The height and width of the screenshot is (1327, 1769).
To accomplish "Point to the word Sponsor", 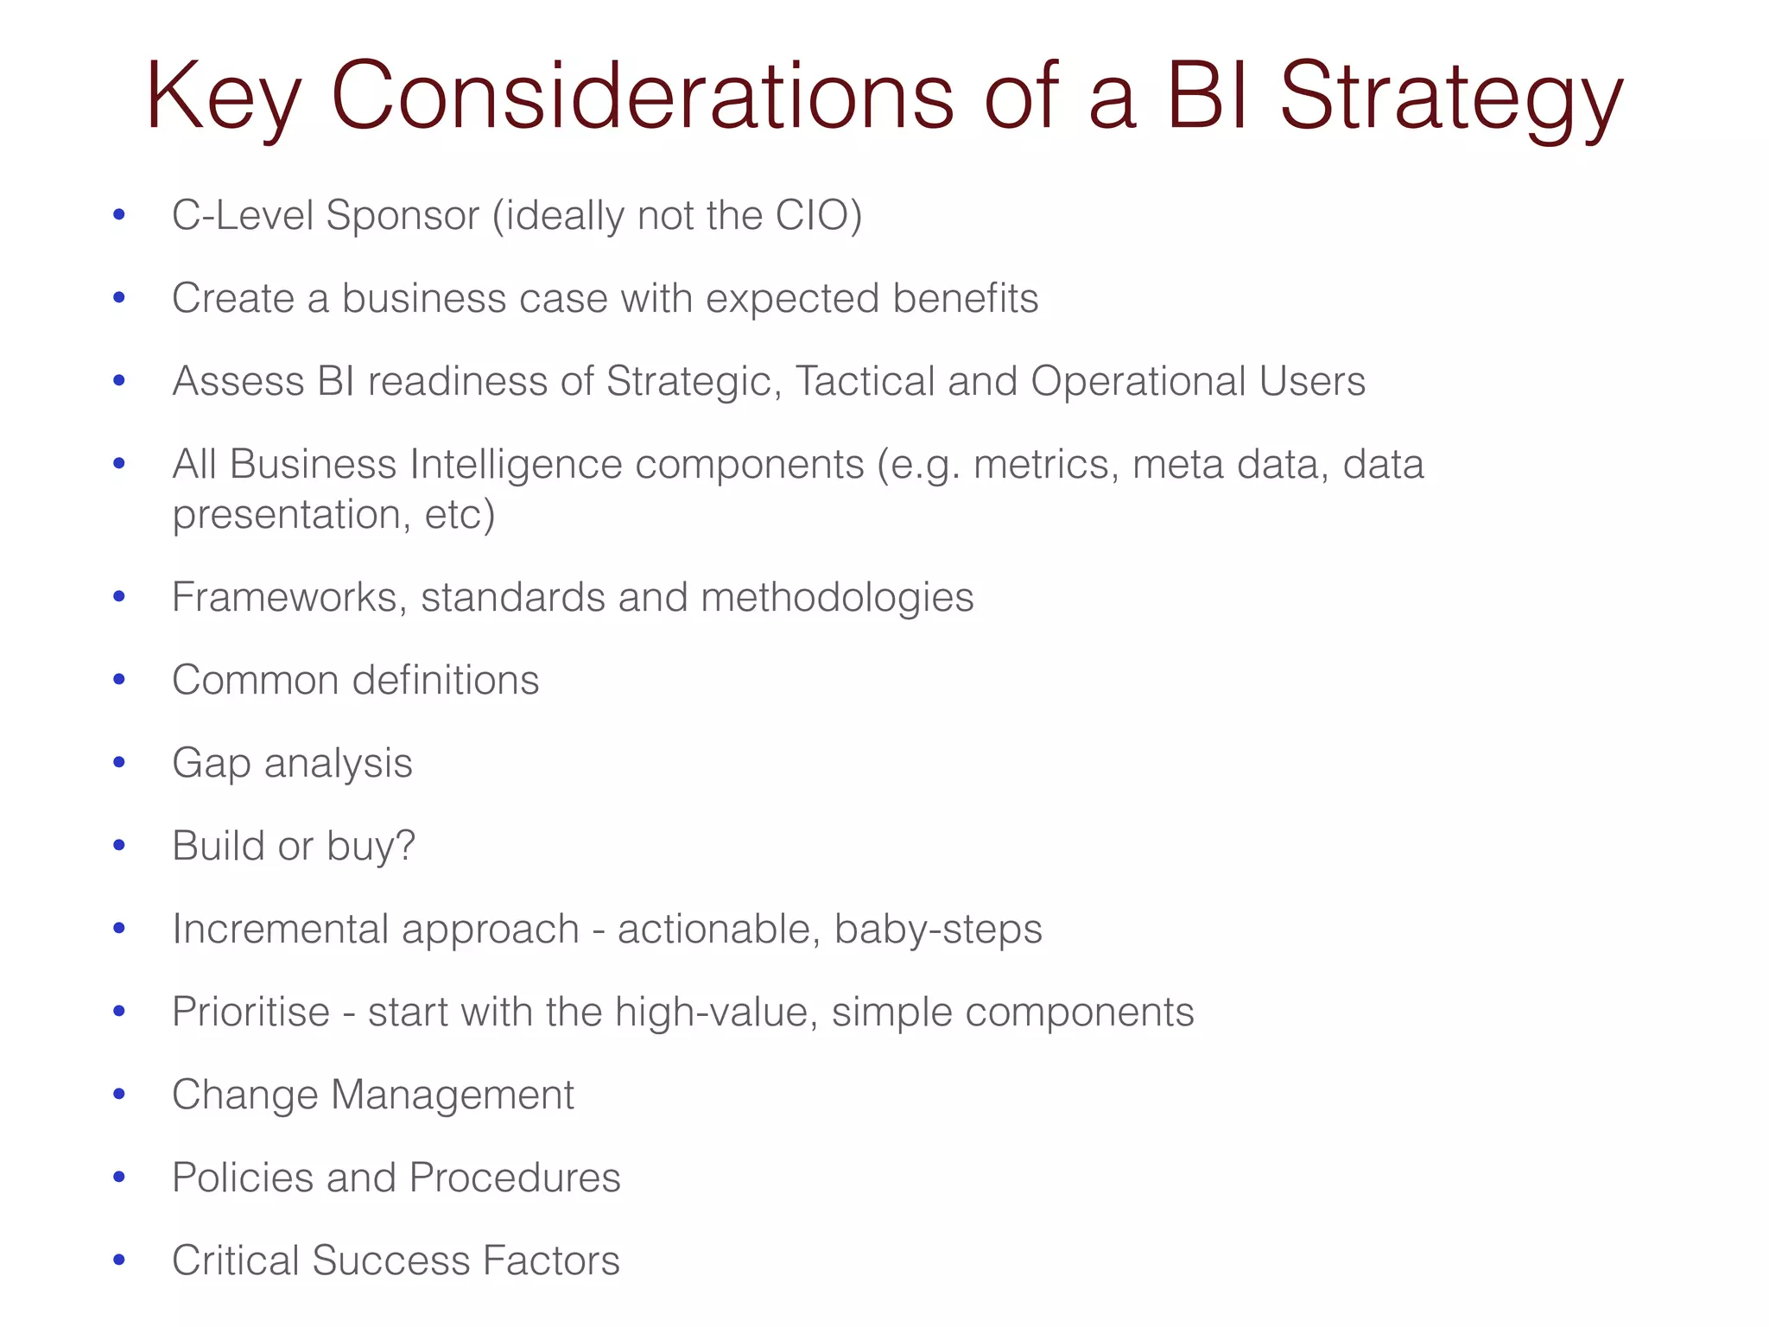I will click(x=403, y=216).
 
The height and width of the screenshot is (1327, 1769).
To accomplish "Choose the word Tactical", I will click(x=865, y=381).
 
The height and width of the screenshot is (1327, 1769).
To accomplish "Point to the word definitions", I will click(x=446, y=680).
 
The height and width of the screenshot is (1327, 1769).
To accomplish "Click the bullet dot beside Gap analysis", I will click(x=119, y=762).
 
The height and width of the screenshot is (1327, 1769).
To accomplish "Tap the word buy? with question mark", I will click(x=371, y=847).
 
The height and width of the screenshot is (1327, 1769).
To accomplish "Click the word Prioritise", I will click(x=250, y=1012).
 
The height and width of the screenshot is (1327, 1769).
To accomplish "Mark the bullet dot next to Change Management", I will click(x=119, y=1094).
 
